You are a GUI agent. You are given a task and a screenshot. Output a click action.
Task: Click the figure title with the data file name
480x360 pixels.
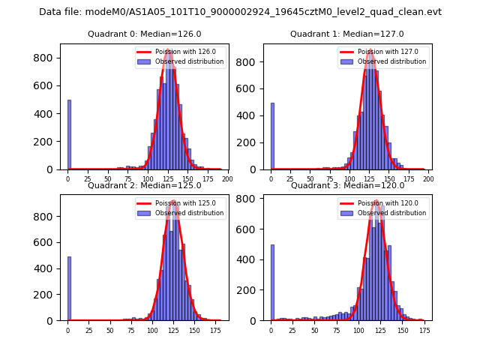pyautogui.click(x=240, y=12)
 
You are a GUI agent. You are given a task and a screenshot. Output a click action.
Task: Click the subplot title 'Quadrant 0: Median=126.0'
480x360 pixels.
pyautogui.click(x=144, y=34)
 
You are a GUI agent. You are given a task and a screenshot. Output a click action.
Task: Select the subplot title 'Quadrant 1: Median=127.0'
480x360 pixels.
pyautogui.click(x=346, y=34)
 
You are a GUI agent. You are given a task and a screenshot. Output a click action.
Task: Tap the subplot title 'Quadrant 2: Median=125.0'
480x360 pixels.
pyautogui.click(x=144, y=185)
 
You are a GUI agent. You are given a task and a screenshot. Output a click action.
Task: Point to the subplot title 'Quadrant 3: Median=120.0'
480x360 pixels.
pyautogui.click(x=346, y=185)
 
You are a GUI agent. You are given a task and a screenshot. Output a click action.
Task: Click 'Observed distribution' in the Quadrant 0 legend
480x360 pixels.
pyautogui.click(x=189, y=61)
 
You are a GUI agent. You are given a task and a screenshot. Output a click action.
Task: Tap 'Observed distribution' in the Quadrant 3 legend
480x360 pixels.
pyautogui.click(x=391, y=213)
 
